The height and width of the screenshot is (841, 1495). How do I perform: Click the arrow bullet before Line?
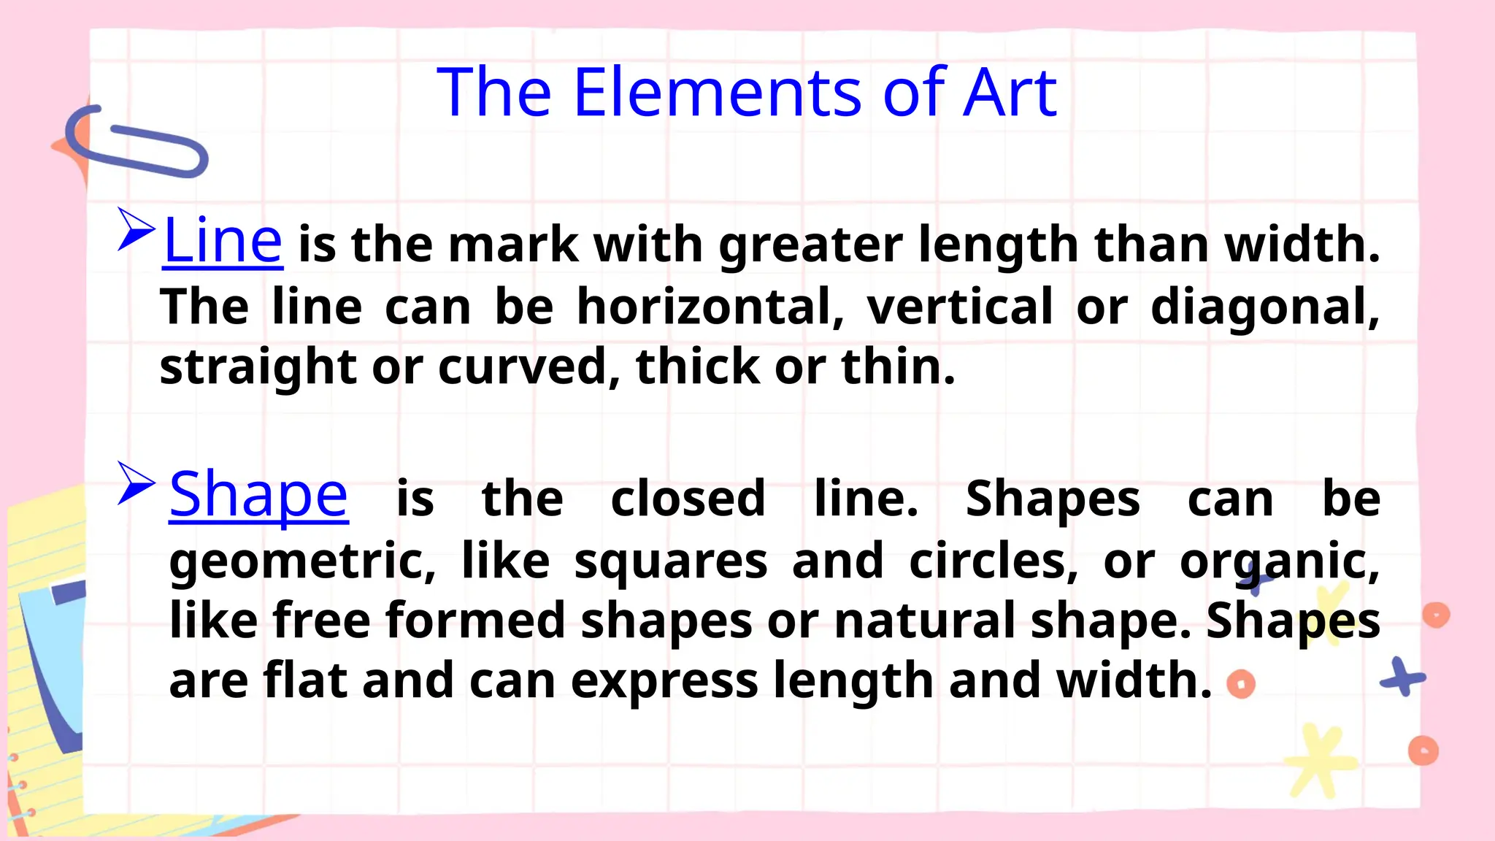click(x=136, y=229)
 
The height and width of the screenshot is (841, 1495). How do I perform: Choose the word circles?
click(x=993, y=561)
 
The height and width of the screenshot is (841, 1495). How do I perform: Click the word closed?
click(x=688, y=499)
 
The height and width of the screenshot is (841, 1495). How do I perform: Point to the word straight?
click(x=258, y=368)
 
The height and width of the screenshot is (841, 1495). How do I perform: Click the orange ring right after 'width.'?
click(x=1241, y=685)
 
